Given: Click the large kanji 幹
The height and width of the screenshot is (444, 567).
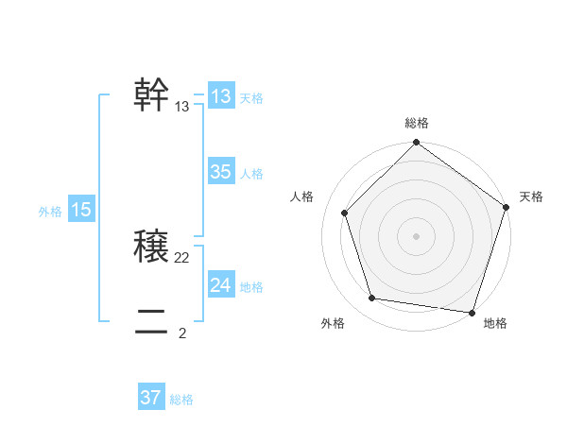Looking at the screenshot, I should (x=152, y=95).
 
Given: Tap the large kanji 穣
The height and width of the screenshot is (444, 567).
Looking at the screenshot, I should (x=152, y=248).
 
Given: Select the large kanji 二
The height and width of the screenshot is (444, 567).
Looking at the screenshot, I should (x=152, y=323).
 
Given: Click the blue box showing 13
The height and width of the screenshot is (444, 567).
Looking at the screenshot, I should (x=221, y=96).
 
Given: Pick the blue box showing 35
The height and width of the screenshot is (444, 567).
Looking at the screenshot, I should (x=221, y=172).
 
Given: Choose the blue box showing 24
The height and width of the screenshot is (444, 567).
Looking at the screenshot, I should (x=221, y=285).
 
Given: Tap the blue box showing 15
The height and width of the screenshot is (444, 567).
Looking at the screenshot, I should (x=81, y=210).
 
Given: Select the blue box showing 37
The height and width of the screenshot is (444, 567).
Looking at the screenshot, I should (x=151, y=398).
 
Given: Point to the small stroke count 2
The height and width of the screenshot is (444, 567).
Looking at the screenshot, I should (x=182, y=333).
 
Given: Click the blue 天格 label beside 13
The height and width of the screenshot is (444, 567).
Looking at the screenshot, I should (x=251, y=98).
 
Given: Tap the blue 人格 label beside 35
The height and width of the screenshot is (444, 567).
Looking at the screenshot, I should (x=251, y=174).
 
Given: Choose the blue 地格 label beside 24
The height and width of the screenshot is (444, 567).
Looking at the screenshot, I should (x=251, y=287).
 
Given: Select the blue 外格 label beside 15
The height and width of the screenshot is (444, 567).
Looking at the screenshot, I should (x=50, y=212).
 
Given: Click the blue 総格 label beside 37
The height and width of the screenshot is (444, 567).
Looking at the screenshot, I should (x=181, y=400).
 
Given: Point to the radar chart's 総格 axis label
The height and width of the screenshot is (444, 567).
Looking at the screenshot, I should (x=416, y=124).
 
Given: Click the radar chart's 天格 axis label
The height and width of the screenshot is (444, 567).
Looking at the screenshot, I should (x=531, y=196).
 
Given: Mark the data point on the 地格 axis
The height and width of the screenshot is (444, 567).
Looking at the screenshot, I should (x=472, y=312).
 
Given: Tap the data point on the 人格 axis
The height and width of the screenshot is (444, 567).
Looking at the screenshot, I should (x=345, y=213).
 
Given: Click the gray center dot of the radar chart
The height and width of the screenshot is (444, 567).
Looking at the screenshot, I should (x=416, y=235).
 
